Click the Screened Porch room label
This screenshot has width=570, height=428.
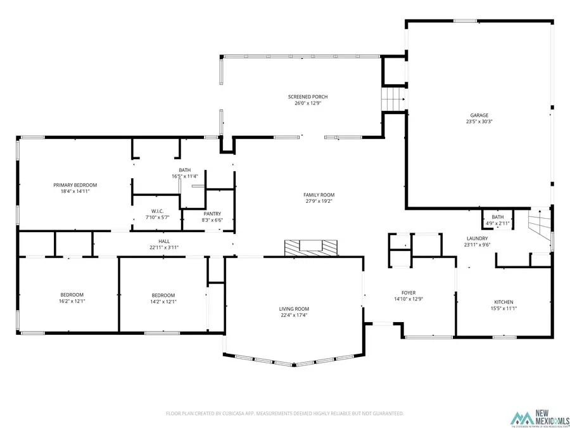308,96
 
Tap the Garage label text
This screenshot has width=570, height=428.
479,115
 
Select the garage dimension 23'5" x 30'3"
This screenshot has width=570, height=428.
479,121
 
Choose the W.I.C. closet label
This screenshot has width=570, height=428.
158,211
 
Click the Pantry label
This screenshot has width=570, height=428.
212,214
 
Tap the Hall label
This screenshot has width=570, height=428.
164,241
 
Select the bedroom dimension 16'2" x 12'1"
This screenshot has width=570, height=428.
72,301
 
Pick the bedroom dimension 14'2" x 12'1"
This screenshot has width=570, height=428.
163,301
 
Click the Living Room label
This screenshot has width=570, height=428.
294,309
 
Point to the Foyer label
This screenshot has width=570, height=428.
408,292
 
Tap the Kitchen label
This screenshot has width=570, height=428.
503,302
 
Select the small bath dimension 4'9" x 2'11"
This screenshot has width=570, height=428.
498,223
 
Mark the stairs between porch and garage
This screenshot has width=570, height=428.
393,100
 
